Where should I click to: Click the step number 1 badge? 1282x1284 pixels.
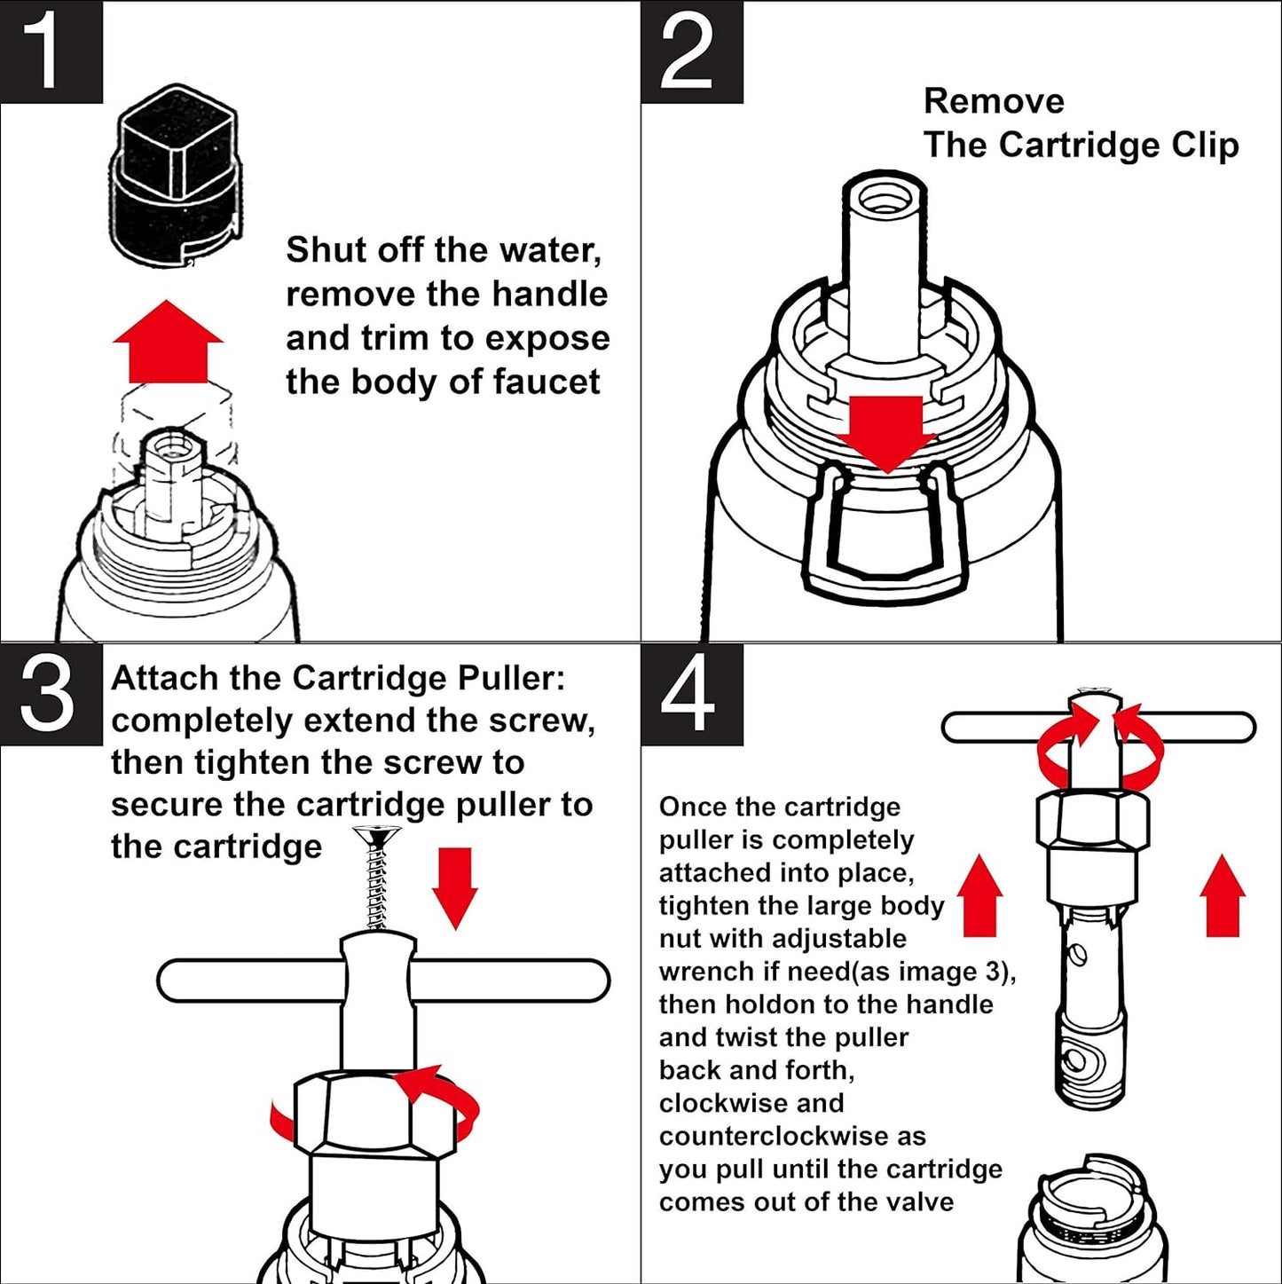(51, 51)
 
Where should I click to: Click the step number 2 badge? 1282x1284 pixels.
(691, 51)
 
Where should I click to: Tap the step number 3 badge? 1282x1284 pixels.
(51, 694)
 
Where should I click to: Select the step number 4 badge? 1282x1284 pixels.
(691, 694)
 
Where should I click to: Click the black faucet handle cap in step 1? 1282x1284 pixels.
(175, 177)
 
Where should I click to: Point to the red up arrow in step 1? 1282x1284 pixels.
(168, 342)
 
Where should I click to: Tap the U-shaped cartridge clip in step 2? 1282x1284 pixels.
(883, 532)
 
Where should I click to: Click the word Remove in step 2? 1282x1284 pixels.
(994, 101)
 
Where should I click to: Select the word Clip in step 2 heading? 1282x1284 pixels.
(1205, 146)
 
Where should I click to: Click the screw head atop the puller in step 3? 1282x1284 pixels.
(377, 836)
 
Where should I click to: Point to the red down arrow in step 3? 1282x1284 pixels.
(455, 887)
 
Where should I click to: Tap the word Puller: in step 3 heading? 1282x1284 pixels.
(511, 679)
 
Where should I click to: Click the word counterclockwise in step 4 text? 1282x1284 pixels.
(792, 1137)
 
